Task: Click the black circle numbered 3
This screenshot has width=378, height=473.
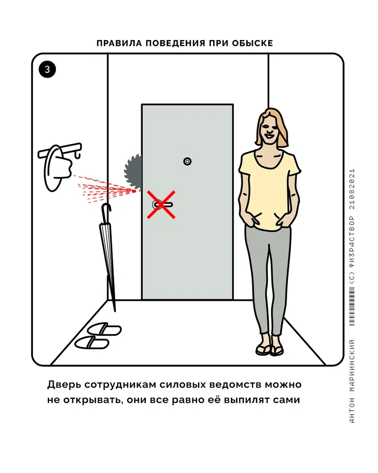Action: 47,70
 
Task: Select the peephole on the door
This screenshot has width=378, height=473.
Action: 187,161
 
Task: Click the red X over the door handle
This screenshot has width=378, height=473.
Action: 161,204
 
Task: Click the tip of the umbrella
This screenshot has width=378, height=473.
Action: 115,310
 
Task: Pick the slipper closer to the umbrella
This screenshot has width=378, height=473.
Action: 104,329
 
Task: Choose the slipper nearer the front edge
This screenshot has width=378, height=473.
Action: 92,343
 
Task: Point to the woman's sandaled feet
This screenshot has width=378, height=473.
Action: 270,350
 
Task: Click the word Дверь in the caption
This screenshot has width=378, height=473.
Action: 64,385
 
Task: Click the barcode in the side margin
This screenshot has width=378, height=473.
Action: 352,306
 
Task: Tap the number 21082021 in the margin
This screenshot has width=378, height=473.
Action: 352,189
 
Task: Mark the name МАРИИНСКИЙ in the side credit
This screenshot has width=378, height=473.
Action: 352,366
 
